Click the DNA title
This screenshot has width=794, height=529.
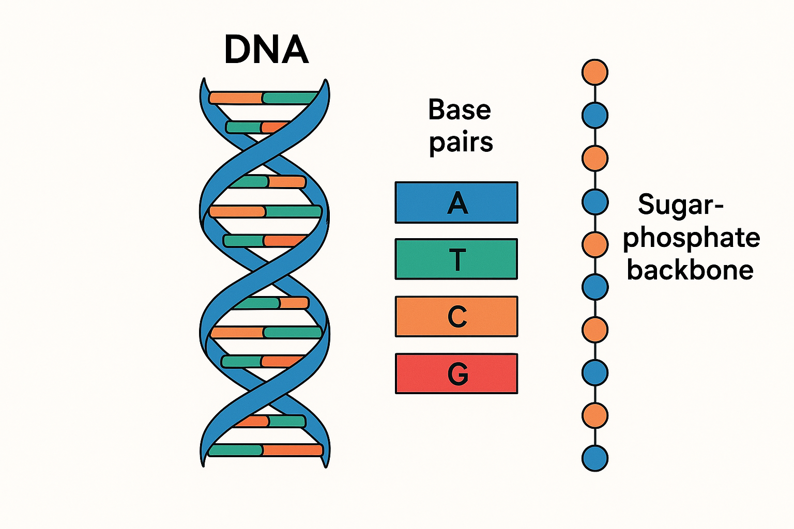click(x=266, y=50)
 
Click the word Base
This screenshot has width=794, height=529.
click(x=460, y=110)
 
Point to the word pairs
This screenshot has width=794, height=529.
click(x=461, y=143)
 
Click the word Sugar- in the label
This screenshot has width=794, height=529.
click(x=680, y=205)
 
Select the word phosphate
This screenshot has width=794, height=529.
click(x=691, y=238)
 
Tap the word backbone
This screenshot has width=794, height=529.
click(x=690, y=270)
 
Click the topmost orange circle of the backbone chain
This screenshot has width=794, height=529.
click(x=595, y=72)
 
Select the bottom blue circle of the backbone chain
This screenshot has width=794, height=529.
click(x=595, y=458)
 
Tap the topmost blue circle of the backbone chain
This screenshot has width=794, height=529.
click(x=595, y=115)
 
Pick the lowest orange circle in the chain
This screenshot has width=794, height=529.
click(x=595, y=415)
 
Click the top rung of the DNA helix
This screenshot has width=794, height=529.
click(x=264, y=98)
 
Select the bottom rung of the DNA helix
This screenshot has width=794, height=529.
click(x=265, y=450)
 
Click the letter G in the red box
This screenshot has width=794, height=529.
click(x=457, y=374)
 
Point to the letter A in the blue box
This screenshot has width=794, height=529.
click(x=457, y=203)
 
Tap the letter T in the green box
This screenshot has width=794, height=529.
click(x=457, y=259)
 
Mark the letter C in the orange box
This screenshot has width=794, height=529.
click(x=457, y=316)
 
